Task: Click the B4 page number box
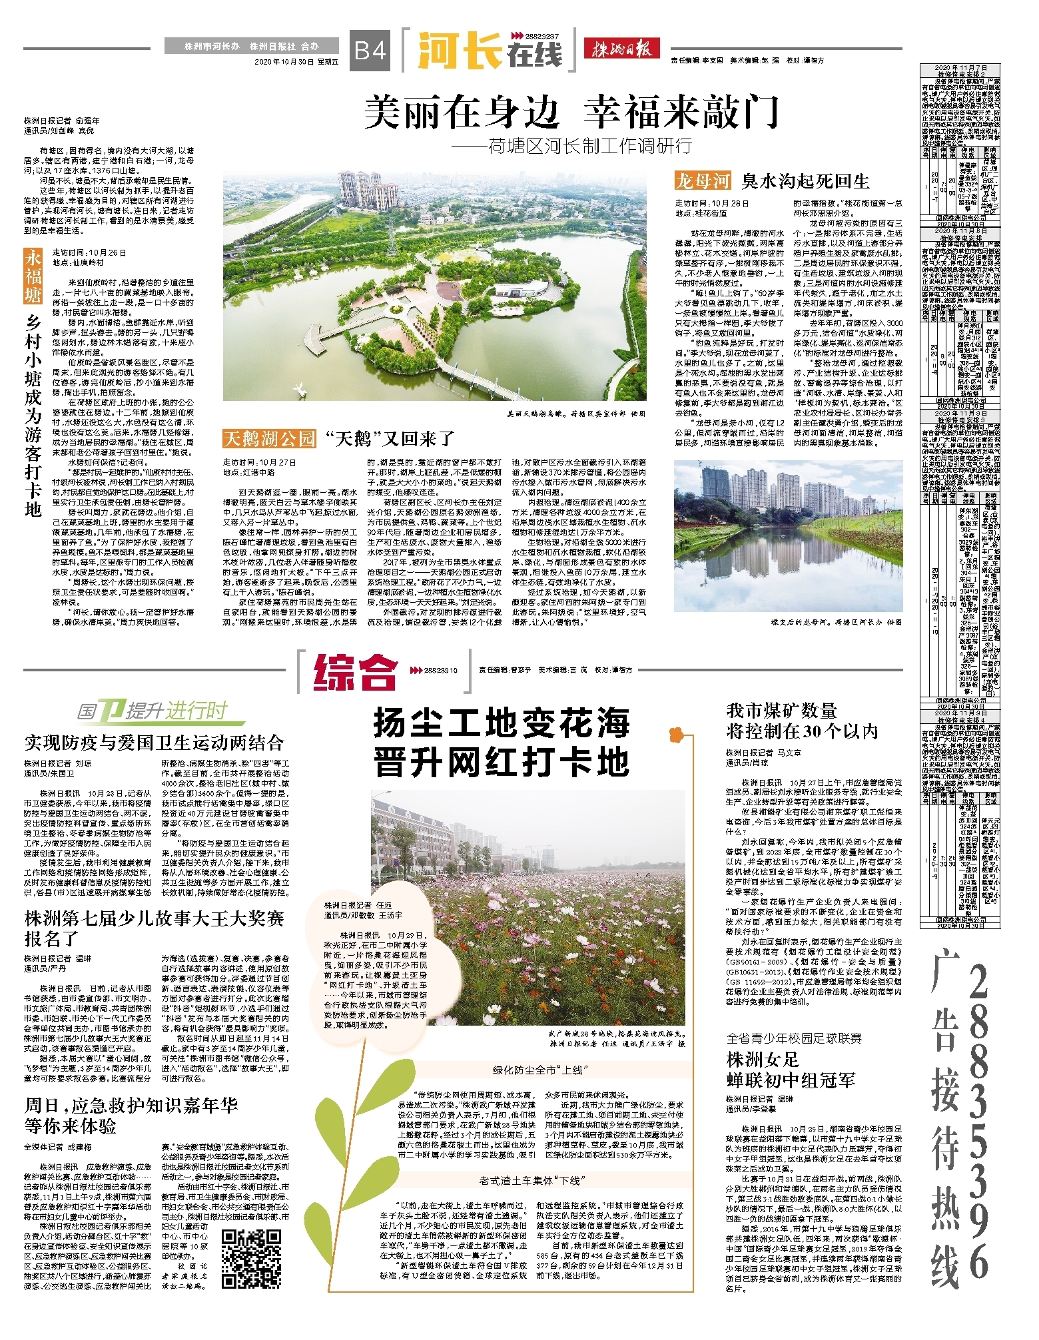(x=370, y=51)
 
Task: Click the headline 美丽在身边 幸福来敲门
(x=571, y=111)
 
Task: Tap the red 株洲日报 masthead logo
(x=621, y=49)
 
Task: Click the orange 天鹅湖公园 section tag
(x=269, y=438)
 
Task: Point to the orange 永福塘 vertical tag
(x=33, y=276)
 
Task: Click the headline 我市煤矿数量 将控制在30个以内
(x=802, y=721)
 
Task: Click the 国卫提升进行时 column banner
(x=153, y=711)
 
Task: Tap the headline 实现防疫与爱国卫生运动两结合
(x=155, y=743)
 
